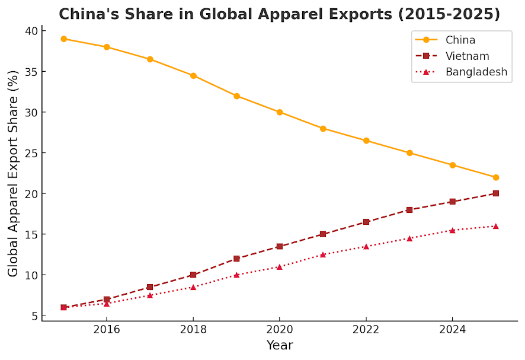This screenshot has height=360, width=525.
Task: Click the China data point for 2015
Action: [63, 39]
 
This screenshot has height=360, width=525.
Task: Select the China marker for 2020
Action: [280, 112]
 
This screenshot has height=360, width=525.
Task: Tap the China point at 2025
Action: [496, 177]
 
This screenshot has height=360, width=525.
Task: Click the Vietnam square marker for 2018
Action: [193, 275]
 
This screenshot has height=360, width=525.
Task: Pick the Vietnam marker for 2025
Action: [496, 193]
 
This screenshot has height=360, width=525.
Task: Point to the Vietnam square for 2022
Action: [366, 222]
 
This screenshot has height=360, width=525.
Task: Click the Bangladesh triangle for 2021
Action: [323, 255]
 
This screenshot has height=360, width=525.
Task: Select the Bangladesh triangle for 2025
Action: [496, 226]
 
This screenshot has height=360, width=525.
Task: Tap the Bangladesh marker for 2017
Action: [150, 295]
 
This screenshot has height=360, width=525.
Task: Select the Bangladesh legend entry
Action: [462, 72]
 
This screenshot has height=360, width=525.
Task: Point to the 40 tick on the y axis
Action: [32, 31]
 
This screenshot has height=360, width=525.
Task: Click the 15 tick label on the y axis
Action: [32, 234]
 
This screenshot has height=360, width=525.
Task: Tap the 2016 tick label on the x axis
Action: [107, 330]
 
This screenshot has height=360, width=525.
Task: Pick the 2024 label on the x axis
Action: [452, 330]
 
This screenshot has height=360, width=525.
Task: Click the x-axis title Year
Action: [280, 345]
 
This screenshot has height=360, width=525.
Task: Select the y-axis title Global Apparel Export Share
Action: [12, 174]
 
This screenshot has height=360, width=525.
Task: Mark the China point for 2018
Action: [193, 76]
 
